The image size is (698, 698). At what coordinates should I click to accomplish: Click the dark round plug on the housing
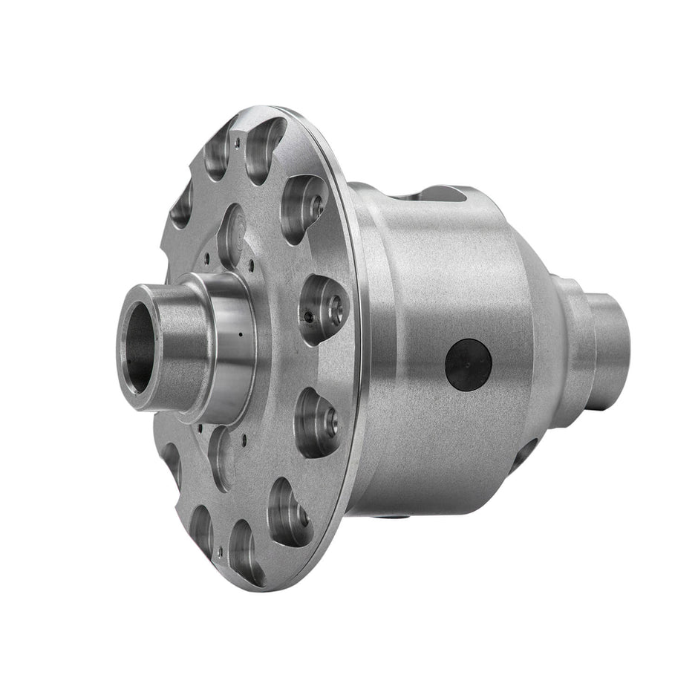coord(468,365)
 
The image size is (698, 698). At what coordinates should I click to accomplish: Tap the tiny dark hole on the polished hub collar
coord(241,335)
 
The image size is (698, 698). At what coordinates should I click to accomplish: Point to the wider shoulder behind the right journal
coord(570,334)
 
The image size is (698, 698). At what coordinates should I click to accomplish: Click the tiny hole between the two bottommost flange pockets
coord(221,551)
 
